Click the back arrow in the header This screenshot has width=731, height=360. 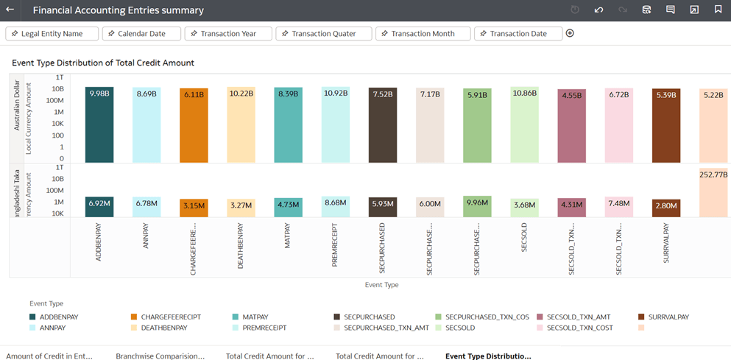(10, 10)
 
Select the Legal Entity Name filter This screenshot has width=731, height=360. (52, 34)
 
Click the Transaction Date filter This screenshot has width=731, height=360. (518, 34)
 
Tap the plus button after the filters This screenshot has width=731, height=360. (570, 34)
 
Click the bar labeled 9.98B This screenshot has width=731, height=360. (99, 125)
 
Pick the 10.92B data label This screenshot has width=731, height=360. (336, 93)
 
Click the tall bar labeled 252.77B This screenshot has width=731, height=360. (713, 193)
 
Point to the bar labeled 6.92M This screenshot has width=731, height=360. (99, 207)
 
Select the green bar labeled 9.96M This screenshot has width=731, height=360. (477, 207)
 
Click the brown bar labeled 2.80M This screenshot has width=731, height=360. (665, 208)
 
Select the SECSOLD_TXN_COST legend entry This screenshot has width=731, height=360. (579, 328)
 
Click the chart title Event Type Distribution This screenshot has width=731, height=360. (103, 63)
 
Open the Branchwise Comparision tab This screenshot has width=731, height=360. (160, 356)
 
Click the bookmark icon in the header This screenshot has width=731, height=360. (718, 10)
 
